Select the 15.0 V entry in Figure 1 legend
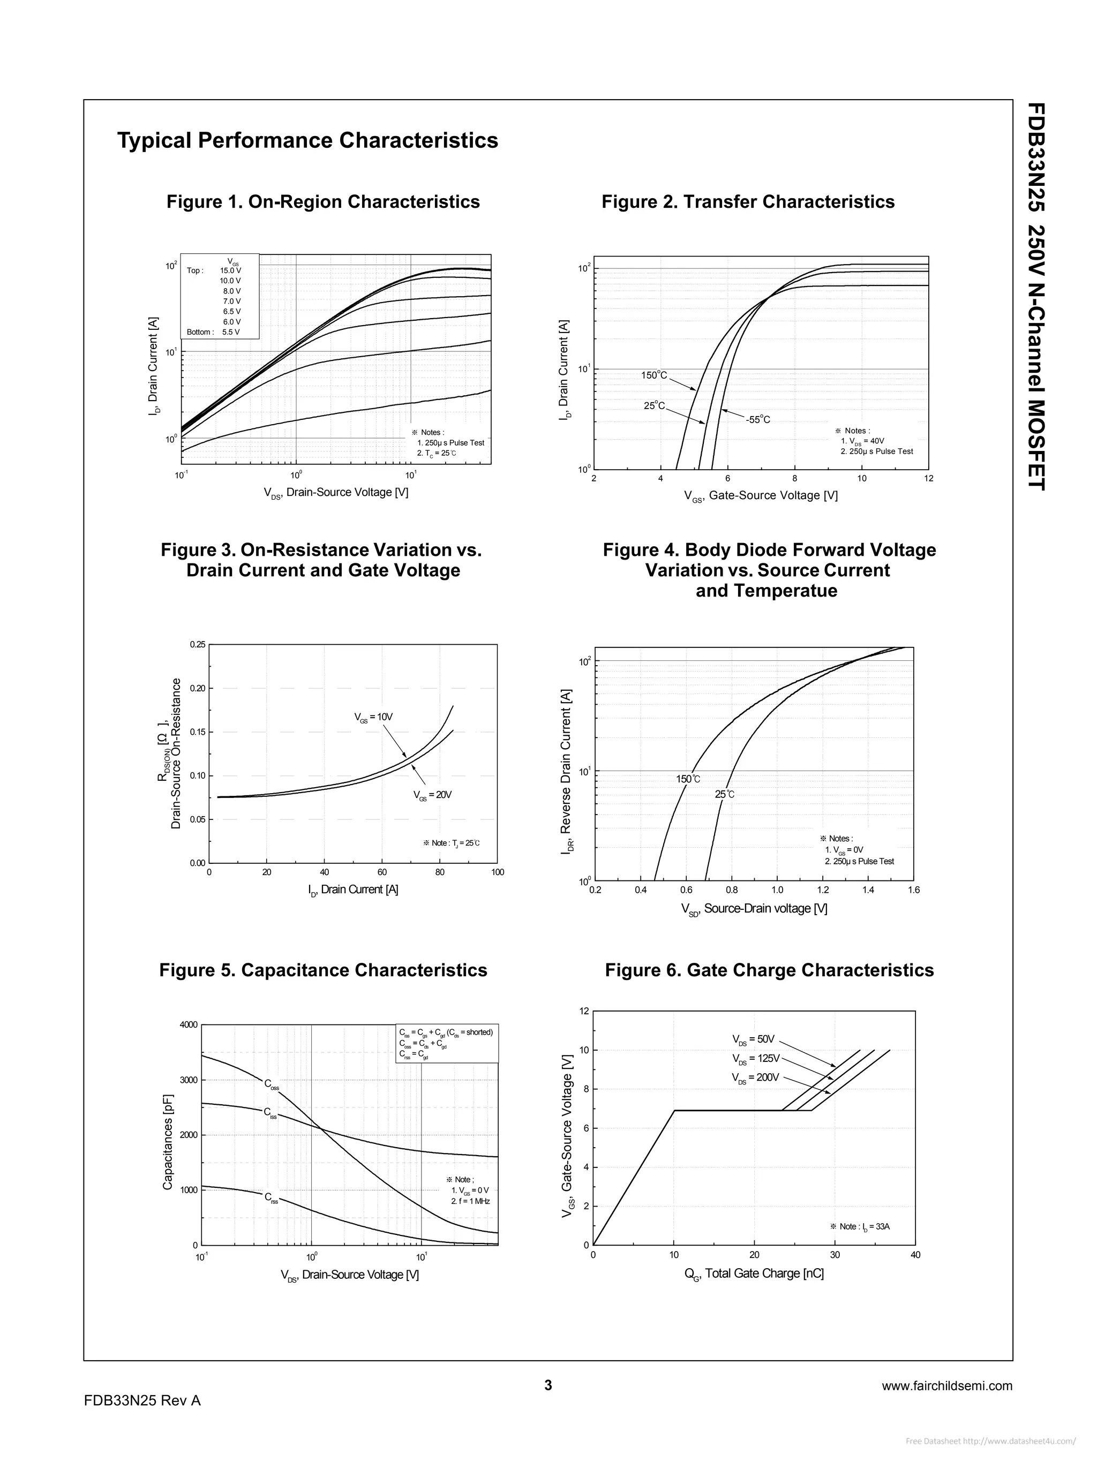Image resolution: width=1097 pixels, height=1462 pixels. tap(230, 270)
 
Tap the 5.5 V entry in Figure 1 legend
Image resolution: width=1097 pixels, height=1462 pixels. tap(231, 332)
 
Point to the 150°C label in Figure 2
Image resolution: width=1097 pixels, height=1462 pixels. tap(654, 375)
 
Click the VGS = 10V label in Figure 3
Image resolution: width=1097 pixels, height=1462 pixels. tap(373, 717)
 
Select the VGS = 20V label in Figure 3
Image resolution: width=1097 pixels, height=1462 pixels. tap(432, 794)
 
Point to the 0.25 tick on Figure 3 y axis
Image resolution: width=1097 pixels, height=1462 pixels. tap(197, 644)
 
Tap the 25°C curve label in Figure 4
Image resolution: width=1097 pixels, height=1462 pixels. tap(724, 794)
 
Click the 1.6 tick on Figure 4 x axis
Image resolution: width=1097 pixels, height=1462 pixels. tap(913, 890)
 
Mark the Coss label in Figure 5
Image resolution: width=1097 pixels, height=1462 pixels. tap(272, 1084)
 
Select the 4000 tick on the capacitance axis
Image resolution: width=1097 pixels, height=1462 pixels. tap(189, 1025)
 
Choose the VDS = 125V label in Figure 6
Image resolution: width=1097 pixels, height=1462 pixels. tap(756, 1058)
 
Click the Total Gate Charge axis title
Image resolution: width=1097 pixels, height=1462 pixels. tap(754, 1273)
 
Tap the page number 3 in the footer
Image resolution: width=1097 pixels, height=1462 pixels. tap(548, 1385)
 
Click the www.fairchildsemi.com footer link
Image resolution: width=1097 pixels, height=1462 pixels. tap(947, 1386)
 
